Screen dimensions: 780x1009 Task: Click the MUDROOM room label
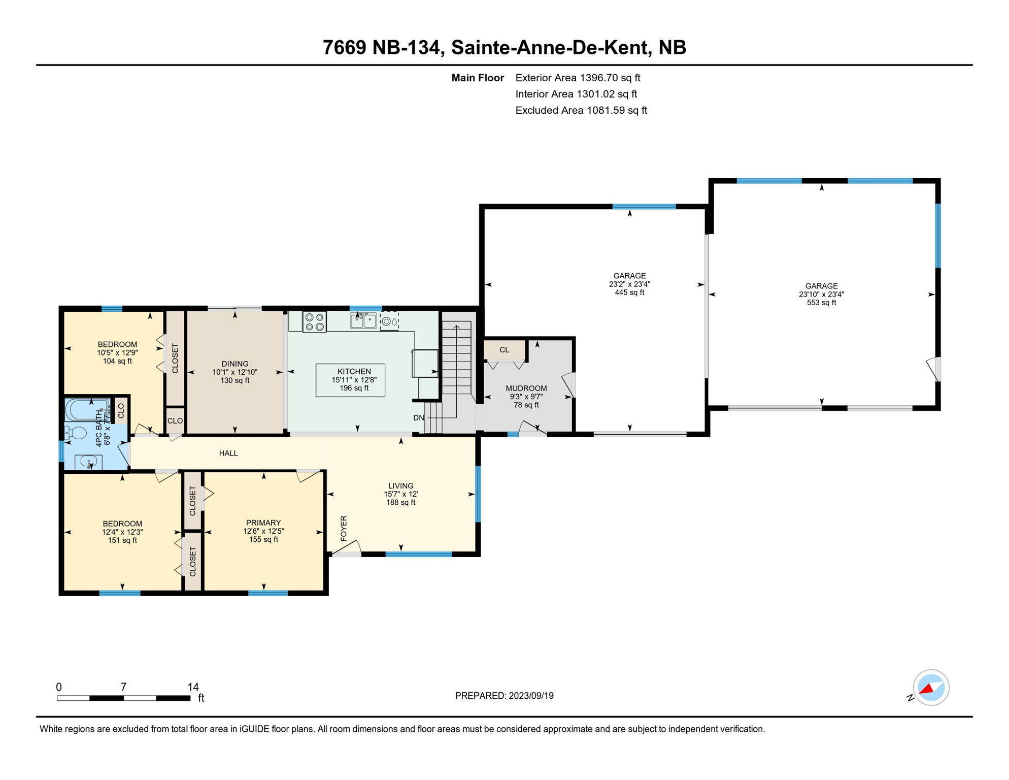tap(526, 388)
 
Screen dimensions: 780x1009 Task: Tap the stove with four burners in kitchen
tap(314, 322)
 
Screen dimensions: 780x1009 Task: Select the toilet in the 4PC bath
tap(77, 433)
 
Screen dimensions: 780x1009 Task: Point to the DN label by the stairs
tap(418, 418)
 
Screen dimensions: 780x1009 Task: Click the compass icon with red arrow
tap(931, 688)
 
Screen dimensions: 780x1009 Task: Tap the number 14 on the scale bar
tap(193, 687)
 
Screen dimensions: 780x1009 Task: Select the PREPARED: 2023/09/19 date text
tap(504, 696)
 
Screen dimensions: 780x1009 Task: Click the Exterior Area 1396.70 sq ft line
tap(578, 78)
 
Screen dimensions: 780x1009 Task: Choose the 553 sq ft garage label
tap(821, 303)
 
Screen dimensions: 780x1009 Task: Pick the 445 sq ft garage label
tap(629, 292)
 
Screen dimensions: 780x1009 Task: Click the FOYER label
tap(344, 528)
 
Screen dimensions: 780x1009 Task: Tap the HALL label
tap(228, 453)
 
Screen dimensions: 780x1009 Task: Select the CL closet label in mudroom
tap(504, 350)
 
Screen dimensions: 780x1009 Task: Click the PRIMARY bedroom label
tap(263, 523)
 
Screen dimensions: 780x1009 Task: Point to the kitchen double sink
tap(363, 321)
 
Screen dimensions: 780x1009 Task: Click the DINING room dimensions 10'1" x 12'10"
tap(234, 372)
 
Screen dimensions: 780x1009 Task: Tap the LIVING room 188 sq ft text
tap(400, 502)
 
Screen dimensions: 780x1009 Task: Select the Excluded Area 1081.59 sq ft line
tap(581, 110)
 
